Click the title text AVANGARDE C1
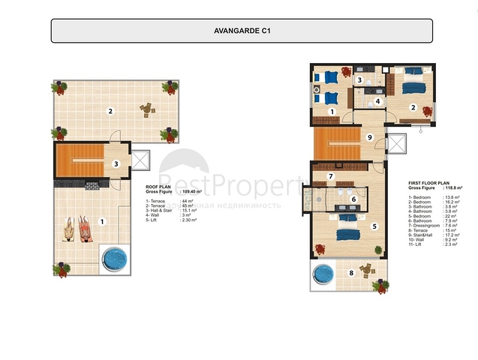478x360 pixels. (241, 31)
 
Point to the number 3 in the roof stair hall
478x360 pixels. (116, 163)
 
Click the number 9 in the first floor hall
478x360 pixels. (369, 137)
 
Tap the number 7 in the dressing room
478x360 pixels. (331, 177)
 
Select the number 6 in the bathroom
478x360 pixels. (353, 199)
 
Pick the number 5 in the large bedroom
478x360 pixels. (374, 225)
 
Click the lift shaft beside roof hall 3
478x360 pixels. (140, 160)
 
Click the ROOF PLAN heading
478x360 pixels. (159, 188)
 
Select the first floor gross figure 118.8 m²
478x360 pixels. (451, 187)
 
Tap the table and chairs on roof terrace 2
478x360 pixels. (146, 109)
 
